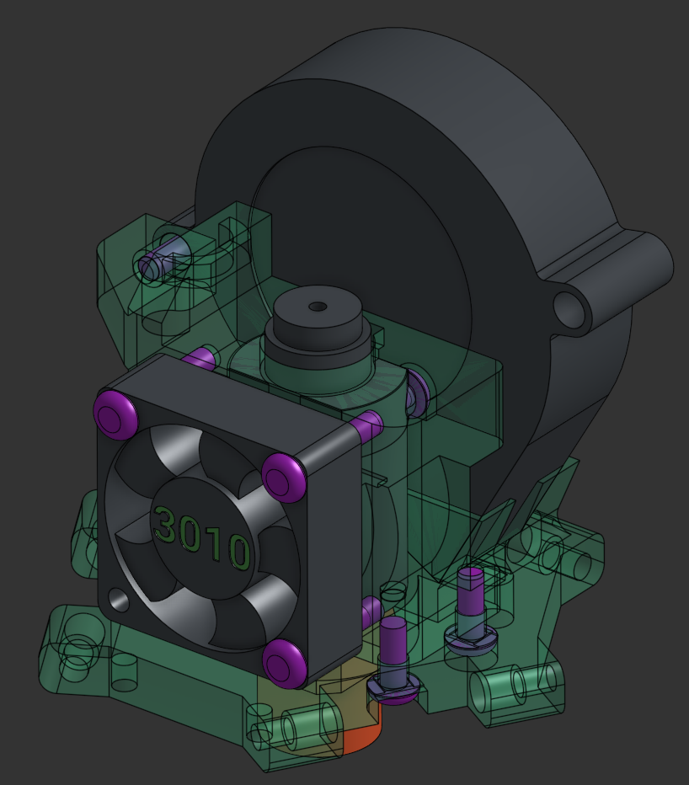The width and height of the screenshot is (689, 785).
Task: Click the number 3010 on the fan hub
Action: pyautogui.click(x=202, y=538)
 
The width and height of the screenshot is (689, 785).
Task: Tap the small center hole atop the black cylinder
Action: pyautogui.click(x=318, y=307)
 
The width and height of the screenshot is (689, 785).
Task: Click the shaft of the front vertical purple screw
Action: pyautogui.click(x=393, y=644)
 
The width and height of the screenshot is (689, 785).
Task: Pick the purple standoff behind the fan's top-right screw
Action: pyautogui.click(x=367, y=426)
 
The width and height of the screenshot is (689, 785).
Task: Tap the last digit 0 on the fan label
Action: pyautogui.click(x=239, y=552)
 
